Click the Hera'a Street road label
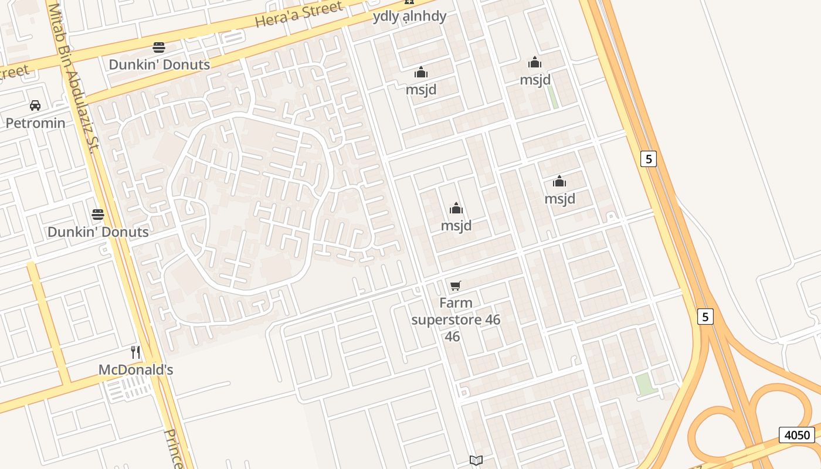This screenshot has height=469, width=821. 299,15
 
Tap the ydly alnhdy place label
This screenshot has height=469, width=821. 409,16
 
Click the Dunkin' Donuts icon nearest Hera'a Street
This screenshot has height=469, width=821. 159,47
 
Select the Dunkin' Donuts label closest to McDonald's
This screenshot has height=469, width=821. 98,232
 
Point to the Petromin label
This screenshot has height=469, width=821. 35,123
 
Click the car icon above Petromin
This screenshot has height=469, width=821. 35,106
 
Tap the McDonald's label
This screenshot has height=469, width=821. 135,370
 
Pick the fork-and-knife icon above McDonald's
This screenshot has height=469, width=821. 135,352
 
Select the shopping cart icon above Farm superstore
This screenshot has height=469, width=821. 456,286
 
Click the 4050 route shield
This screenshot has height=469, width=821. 797,435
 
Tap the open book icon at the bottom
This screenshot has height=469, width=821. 476,460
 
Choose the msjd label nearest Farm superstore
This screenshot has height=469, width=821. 456,226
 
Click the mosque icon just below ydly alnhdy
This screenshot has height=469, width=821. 420,73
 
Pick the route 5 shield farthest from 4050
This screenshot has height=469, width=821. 648,158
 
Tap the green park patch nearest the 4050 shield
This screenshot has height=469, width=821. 644,384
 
